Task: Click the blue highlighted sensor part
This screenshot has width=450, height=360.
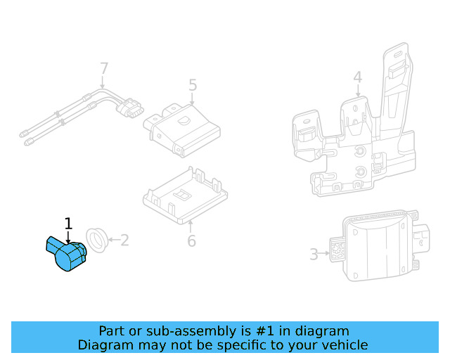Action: click(67, 255)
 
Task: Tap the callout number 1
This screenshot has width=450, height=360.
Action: click(68, 224)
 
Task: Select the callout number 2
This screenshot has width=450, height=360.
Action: click(124, 240)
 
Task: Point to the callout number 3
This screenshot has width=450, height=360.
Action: click(314, 255)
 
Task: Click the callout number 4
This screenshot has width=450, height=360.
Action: click(357, 77)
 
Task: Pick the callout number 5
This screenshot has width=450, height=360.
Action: click(193, 85)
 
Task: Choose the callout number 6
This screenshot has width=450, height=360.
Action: click(191, 241)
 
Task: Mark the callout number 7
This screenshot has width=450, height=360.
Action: click(104, 69)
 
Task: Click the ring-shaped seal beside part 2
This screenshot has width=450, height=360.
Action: click(96, 240)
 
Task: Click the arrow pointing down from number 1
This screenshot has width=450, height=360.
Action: click(68, 238)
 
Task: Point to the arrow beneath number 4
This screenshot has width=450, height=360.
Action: click(357, 91)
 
